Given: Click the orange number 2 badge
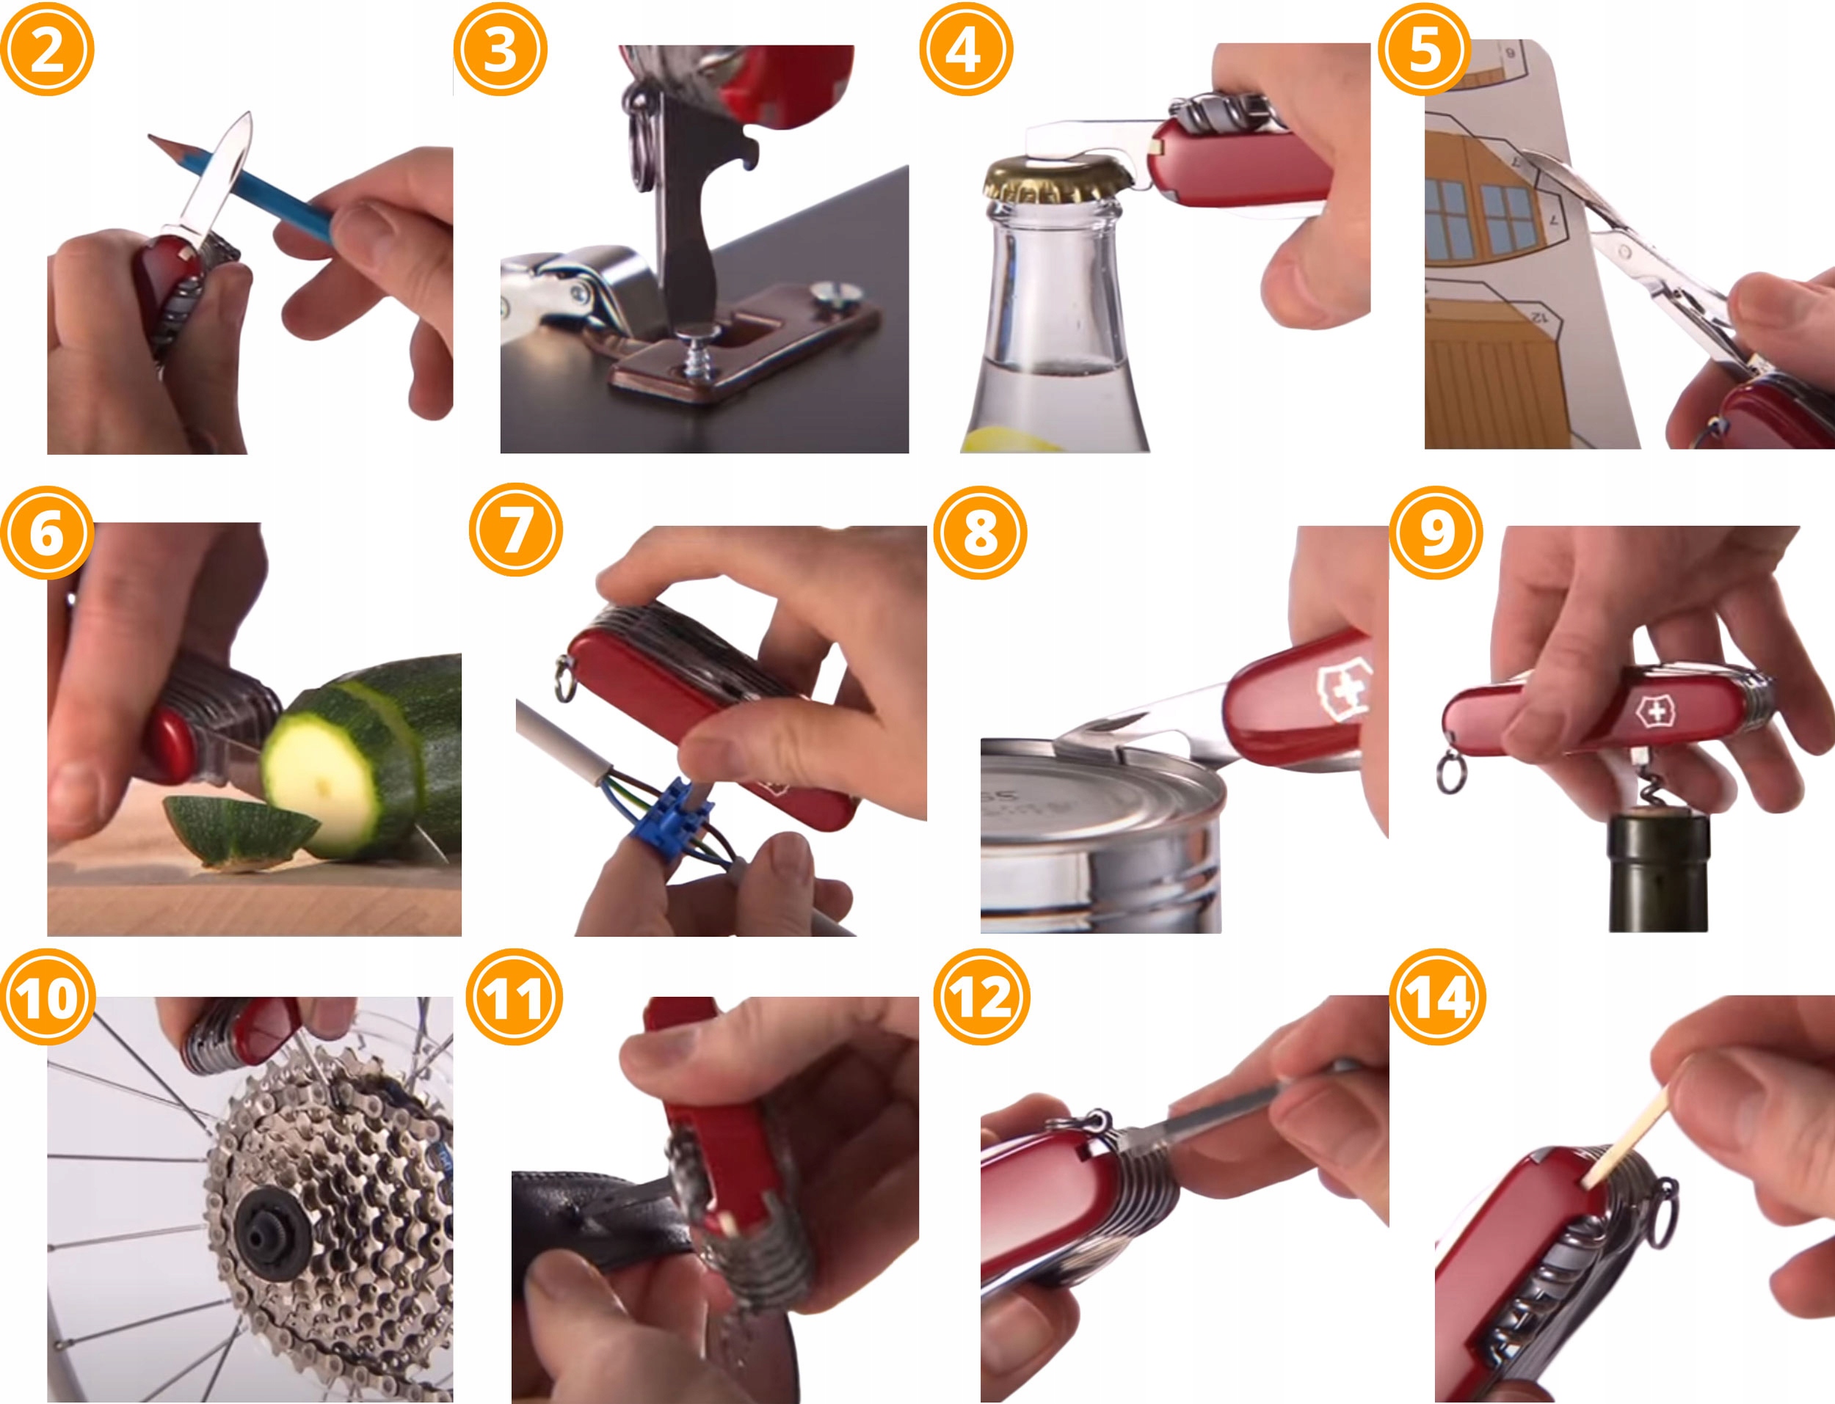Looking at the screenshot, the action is [x=47, y=49].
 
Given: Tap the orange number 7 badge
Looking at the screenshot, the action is [x=516, y=530].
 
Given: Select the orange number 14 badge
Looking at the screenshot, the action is [x=1437, y=997].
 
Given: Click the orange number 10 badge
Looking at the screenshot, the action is [x=48, y=997].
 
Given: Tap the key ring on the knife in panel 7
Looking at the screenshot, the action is [x=565, y=678].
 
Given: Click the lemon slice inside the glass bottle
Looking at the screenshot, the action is [x=1016, y=439].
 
